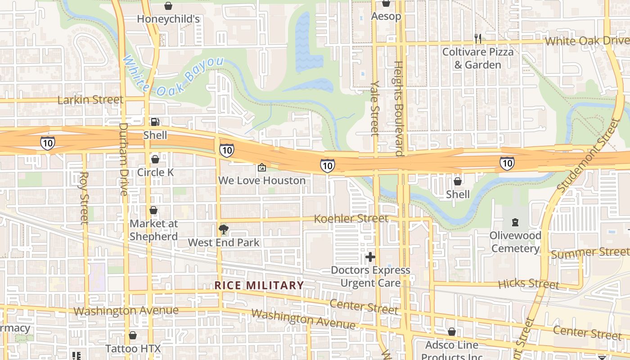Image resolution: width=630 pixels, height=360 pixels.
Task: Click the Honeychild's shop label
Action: (x=168, y=19)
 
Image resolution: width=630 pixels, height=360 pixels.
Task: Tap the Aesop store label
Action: (x=386, y=17)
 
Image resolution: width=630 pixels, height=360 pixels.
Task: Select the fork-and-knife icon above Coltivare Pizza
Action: (x=478, y=39)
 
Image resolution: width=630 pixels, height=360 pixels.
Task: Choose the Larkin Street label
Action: (x=90, y=99)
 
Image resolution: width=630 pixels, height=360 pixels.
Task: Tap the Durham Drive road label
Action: (x=123, y=159)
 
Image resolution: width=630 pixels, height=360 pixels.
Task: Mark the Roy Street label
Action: (x=84, y=198)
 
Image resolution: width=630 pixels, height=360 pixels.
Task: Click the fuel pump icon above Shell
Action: (x=155, y=122)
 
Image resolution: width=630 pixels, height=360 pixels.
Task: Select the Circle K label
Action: (x=155, y=172)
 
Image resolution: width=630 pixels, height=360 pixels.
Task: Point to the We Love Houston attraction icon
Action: (x=261, y=168)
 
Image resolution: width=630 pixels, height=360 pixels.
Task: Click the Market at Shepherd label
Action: (x=153, y=230)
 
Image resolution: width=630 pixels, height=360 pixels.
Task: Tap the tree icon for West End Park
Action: (x=223, y=230)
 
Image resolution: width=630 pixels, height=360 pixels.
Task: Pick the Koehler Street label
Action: (x=351, y=219)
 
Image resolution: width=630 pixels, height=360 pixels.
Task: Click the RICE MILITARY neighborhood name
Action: (x=259, y=285)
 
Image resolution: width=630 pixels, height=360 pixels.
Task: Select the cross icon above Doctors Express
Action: (x=370, y=257)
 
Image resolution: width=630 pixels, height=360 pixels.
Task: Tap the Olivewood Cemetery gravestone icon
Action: (x=515, y=222)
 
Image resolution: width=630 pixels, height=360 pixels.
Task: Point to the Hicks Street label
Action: (x=529, y=283)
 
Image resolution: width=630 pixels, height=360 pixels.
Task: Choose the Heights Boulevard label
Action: (x=399, y=108)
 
